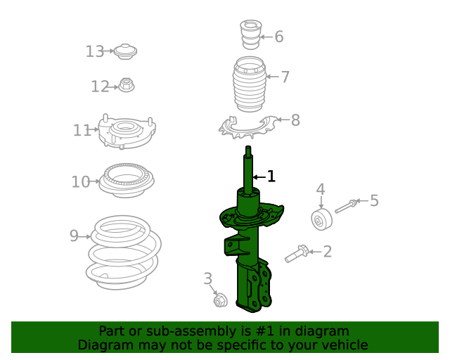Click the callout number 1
tap(271, 176)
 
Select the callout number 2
tap(327, 251)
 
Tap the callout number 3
tap(207, 279)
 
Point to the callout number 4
tap(320, 189)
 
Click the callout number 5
tap(374, 201)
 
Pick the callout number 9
tap(74, 236)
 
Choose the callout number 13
tap(94, 51)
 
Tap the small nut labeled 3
tap(219, 302)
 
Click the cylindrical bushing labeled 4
tap(322, 220)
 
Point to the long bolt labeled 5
tap(346, 206)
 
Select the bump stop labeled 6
tap(250, 34)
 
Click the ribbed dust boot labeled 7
tap(250, 88)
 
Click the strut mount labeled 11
tap(126, 131)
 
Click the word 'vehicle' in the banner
tap(344, 345)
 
